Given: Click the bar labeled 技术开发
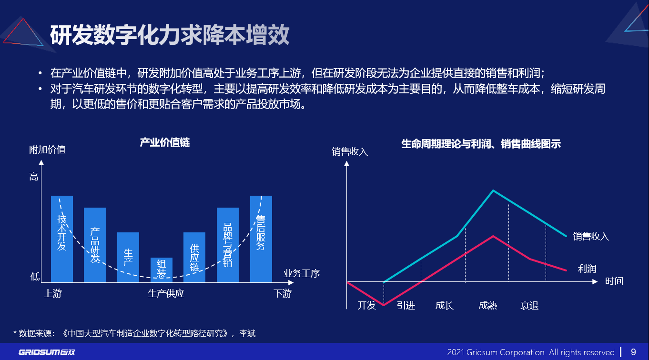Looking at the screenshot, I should coord(62,238).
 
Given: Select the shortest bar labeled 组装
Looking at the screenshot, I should coord(162,270).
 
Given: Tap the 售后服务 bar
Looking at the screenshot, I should coord(261,238).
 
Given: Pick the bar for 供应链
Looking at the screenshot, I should coord(194,257).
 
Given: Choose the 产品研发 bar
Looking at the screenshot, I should coord(95,245).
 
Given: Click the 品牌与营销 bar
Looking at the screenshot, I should coord(228,245).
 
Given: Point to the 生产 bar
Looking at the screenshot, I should coord(128,257).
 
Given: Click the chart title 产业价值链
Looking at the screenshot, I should coord(164,142).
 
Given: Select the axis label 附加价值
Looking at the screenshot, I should coord(47,150).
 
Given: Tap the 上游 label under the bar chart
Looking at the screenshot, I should coord(53,293).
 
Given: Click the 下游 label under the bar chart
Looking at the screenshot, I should coord(282,293).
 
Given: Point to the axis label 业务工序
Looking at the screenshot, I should coord(302,273).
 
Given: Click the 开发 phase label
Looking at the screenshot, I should coord(366,305).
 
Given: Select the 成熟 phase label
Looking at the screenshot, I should coord(487,305).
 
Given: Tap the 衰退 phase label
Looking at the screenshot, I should coord(529,305).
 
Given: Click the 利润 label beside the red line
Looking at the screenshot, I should coord(587,269).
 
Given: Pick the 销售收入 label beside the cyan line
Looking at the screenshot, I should coord(591,236).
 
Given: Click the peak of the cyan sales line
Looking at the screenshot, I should coord(493,190).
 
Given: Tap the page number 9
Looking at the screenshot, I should coord(633,352).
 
